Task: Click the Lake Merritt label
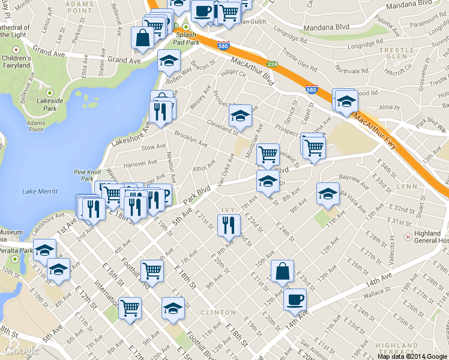40,191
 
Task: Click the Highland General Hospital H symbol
408,235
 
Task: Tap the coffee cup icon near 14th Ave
294,299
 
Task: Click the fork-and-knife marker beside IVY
228,225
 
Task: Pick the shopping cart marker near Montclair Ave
268,154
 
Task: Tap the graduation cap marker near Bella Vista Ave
327,193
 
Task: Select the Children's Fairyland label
16,62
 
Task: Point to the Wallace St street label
377,293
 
